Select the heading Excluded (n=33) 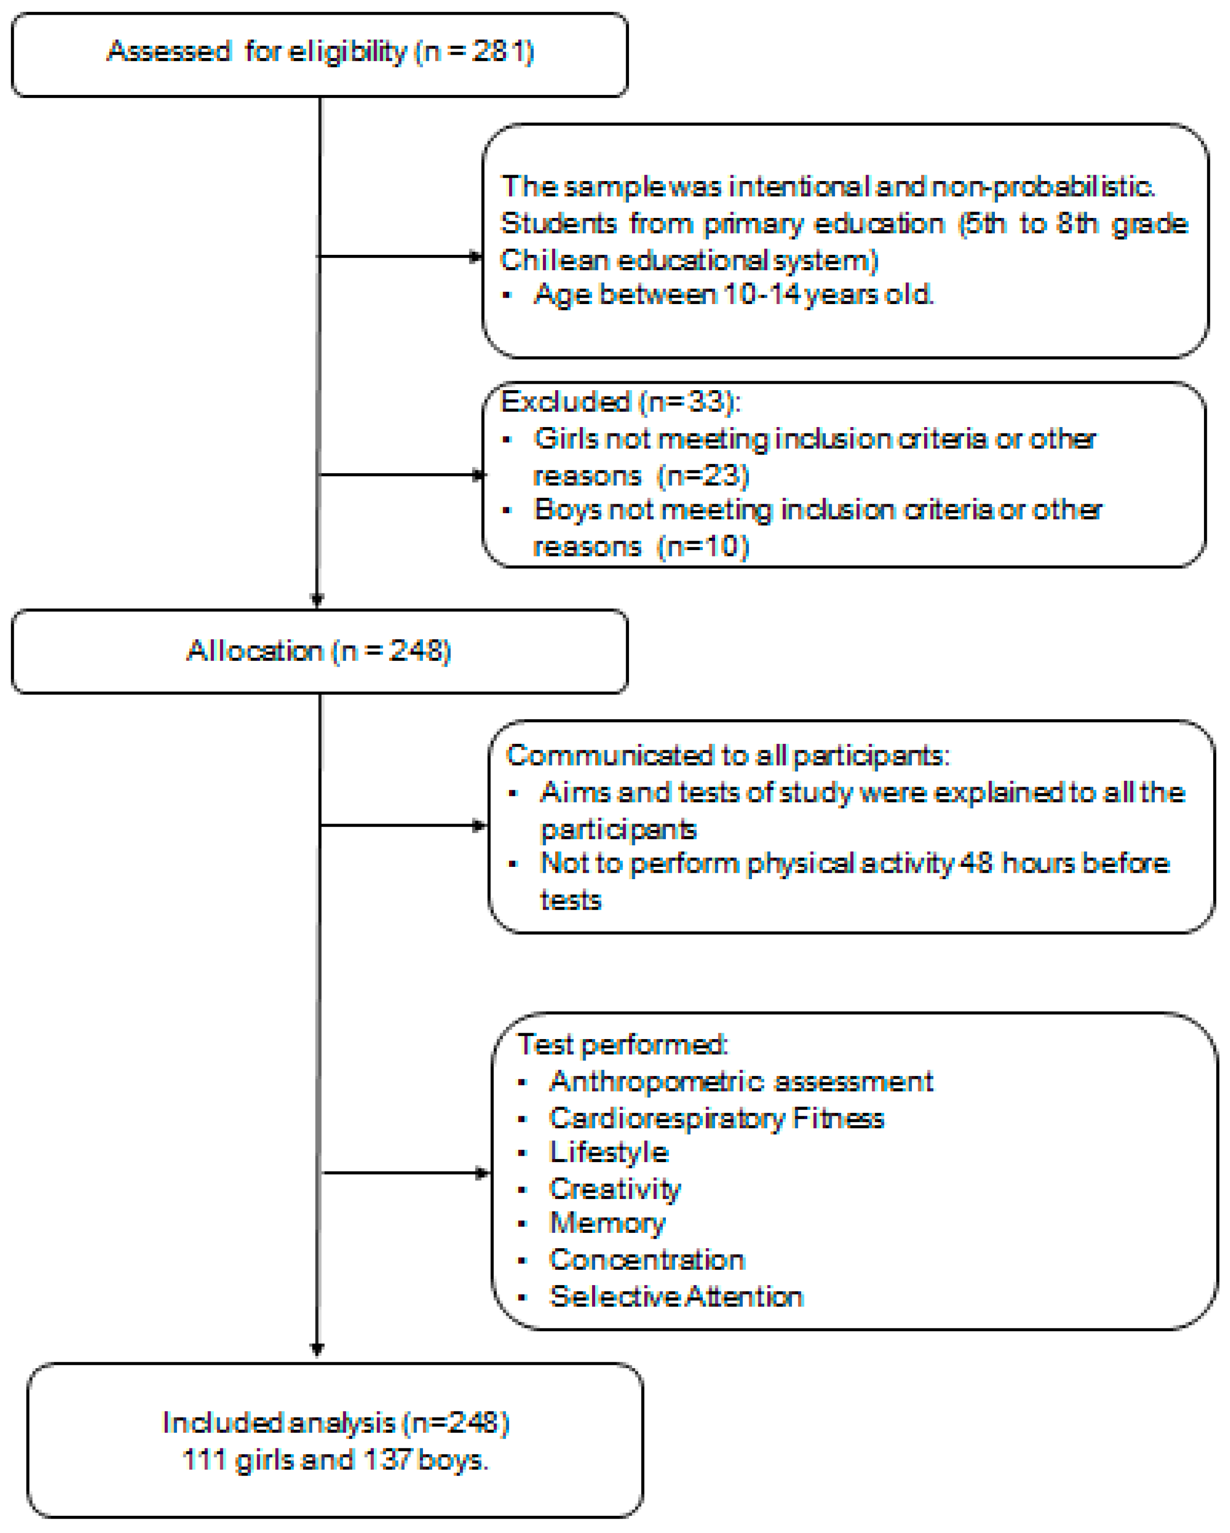coord(620,402)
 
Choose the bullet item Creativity coord(614,1189)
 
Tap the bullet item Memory coord(607,1223)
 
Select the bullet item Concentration coord(646,1260)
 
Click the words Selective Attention coord(675,1297)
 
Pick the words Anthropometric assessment coord(740,1081)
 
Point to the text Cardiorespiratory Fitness coord(716,1118)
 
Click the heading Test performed coord(622,1044)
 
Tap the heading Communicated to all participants coord(726,755)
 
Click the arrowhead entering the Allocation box coord(318,599)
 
